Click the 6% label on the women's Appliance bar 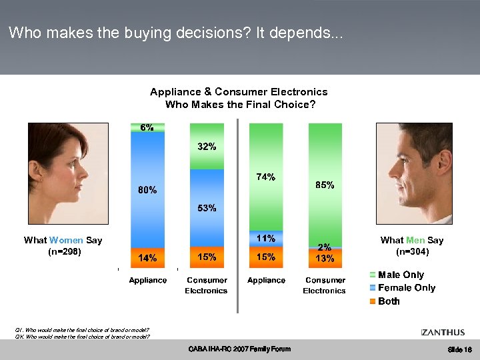pos(147,127)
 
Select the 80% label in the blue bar pos(147,190)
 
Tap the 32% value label pos(207,147)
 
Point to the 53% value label pos(207,208)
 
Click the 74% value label pos(266,177)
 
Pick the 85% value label pos(325,185)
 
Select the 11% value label pos(266,238)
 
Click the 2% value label pos(325,247)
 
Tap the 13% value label pos(325,258)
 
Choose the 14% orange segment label pos(147,257)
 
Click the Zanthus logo pos(443,332)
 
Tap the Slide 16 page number pos(460,350)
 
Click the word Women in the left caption pos(66,240)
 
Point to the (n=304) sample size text pos(411,252)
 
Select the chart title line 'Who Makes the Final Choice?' pos(239,105)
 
